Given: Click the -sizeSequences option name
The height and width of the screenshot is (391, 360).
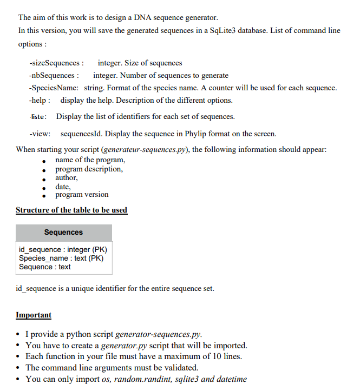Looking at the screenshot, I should pyautogui.click(x=56, y=63).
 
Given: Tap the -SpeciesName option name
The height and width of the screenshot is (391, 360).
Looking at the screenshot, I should pyautogui.click(x=54, y=88).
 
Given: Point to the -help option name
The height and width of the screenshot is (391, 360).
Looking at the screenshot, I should pyautogui.click(x=40, y=100).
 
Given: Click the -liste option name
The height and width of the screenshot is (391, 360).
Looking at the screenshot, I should pyautogui.click(x=38, y=116).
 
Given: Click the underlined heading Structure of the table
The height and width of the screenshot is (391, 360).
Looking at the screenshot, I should pyautogui.click(x=71, y=210).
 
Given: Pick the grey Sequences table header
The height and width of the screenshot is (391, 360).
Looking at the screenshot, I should pyautogui.click(x=63, y=232).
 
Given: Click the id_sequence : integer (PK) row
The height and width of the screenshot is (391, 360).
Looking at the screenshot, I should pyautogui.click(x=63, y=249).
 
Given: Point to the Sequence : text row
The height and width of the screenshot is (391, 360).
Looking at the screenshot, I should pyautogui.click(x=44, y=267).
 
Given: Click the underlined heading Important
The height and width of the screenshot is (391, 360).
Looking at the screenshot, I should pyautogui.click(x=34, y=315).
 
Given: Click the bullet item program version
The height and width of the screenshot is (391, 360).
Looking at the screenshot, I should pyautogui.click(x=82, y=195).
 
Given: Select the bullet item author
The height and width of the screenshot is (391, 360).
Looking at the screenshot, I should pyautogui.click(x=66, y=177).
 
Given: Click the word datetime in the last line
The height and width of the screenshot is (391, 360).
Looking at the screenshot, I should pyautogui.click(x=232, y=379).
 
